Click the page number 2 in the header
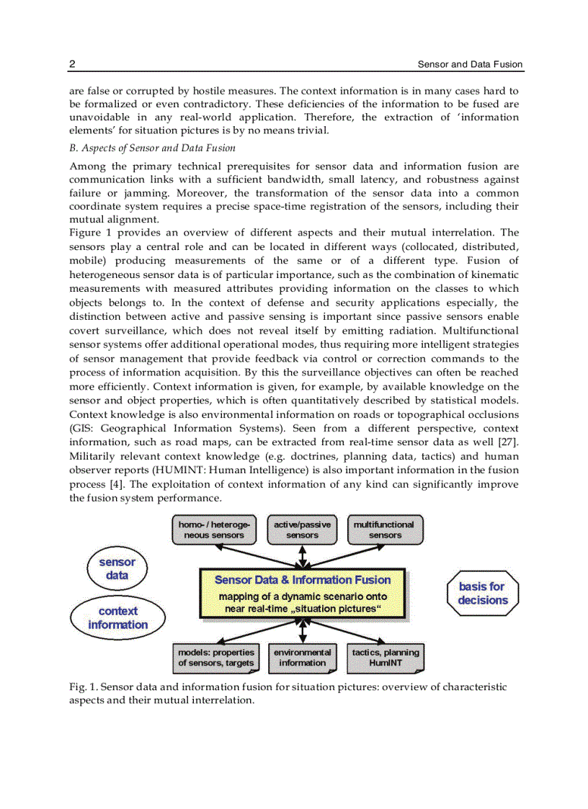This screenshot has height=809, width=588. coord(72,65)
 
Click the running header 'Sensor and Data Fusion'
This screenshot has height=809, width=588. coord(470,65)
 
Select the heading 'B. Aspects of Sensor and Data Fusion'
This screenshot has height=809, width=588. coord(152,148)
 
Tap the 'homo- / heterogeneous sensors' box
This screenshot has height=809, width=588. coord(214,530)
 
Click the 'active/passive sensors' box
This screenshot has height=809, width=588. coord(302,530)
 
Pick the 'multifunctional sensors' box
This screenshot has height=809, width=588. coord(385,530)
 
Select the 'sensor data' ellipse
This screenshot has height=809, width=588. coord(117,568)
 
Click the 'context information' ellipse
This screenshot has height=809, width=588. coord(117,618)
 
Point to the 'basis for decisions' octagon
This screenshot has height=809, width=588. coord(482,594)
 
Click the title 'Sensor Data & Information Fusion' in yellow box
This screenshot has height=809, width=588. coord(303,580)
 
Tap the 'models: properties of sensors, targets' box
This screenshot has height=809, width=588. coord(215,658)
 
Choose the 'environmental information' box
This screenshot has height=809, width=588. coord(302,658)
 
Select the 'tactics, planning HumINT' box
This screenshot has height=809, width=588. coord(385,658)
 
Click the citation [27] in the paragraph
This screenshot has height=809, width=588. coord(509,442)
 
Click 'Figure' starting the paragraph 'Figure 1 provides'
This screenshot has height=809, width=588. coord(86,232)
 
